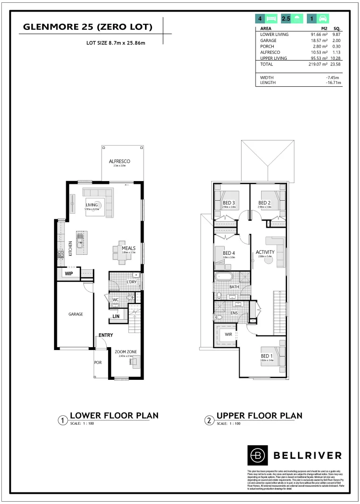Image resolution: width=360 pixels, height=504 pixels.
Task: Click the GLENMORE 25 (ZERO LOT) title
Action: point(88,28)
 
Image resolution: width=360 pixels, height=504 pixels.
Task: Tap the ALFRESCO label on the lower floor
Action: point(119,161)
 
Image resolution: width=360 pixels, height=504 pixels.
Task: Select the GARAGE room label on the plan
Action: point(76,314)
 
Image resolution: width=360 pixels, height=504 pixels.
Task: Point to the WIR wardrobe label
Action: point(228,335)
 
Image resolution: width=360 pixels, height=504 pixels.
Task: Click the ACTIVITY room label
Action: point(265,252)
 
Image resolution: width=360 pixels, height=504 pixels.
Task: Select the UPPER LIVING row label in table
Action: point(274,58)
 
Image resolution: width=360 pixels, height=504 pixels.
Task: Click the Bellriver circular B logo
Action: point(257,455)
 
